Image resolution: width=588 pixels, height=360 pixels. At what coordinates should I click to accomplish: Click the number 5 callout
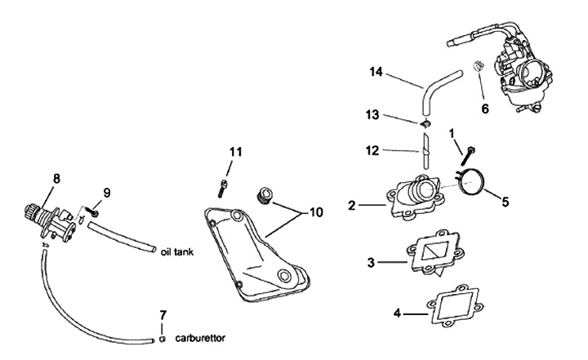coord(506,201)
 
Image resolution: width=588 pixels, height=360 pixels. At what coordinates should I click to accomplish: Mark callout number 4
coord(399,313)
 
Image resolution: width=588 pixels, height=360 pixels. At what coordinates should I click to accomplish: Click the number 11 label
coord(236,151)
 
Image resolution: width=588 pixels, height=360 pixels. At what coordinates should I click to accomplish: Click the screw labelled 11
coord(223,188)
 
